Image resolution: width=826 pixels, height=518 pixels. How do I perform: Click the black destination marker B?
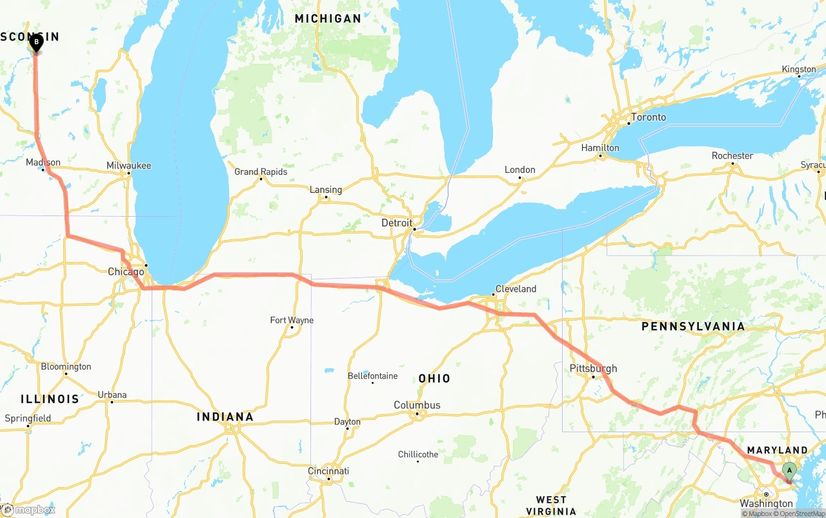point(36,43)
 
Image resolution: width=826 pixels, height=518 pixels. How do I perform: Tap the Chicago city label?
point(126,272)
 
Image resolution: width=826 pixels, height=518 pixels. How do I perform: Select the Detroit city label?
point(397,223)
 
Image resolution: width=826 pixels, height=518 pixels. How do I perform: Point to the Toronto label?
point(649,117)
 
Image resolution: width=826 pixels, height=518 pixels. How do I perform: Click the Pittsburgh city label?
point(593,368)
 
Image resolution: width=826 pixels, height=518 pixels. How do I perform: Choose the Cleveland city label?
point(516,288)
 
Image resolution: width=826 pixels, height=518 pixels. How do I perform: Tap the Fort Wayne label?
point(292,320)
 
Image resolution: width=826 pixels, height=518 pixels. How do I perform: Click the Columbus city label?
point(417,405)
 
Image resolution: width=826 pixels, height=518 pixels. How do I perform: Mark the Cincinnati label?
point(328,471)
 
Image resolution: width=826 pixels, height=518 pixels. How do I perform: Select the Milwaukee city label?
point(129,165)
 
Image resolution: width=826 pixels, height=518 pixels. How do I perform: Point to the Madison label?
point(43,162)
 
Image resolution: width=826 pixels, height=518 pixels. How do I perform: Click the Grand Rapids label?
point(261,172)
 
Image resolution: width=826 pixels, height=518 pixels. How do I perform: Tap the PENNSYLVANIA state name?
point(693,326)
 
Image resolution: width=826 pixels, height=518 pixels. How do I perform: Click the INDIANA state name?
point(225,417)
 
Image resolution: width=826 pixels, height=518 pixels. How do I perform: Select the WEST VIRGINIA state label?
point(551,505)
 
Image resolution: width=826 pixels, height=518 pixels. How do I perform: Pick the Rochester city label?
point(732,155)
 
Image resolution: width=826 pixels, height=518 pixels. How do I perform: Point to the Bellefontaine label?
point(373,375)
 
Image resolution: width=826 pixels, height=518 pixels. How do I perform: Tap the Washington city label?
point(767,503)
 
